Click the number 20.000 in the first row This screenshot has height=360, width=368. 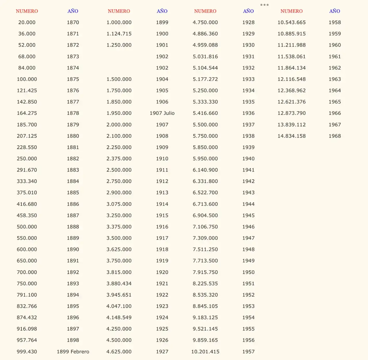pyautogui.click(x=27, y=22)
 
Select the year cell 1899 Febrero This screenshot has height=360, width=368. pyautogui.click(x=73, y=352)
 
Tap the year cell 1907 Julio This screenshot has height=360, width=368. pyautogui.click(x=162, y=113)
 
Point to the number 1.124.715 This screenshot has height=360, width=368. pyautogui.click(x=119, y=34)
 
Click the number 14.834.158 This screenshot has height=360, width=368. pyautogui.click(x=292, y=136)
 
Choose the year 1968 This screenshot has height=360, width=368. pyautogui.click(x=335, y=136)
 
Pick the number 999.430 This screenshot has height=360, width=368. pyautogui.click(x=27, y=352)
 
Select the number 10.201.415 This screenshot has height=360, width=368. pyautogui.click(x=205, y=352)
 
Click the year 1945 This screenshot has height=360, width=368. pyautogui.click(x=248, y=215)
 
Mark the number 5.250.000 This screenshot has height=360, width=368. pyautogui.click(x=205, y=90)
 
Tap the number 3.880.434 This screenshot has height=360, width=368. pyautogui.click(x=119, y=283)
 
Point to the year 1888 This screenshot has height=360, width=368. pyautogui.click(x=73, y=227)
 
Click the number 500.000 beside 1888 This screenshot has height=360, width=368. pyautogui.click(x=27, y=227)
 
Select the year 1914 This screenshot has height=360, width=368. pyautogui.click(x=162, y=204)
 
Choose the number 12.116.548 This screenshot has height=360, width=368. pyautogui.click(x=292, y=79)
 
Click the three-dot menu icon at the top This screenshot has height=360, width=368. pyautogui.click(x=264, y=5)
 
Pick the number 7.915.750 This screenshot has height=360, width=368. pyautogui.click(x=205, y=272)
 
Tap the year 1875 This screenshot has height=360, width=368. pyautogui.click(x=73, y=79)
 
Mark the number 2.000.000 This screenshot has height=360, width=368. pyautogui.click(x=119, y=125)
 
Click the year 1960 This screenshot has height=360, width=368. pyautogui.click(x=335, y=45)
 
